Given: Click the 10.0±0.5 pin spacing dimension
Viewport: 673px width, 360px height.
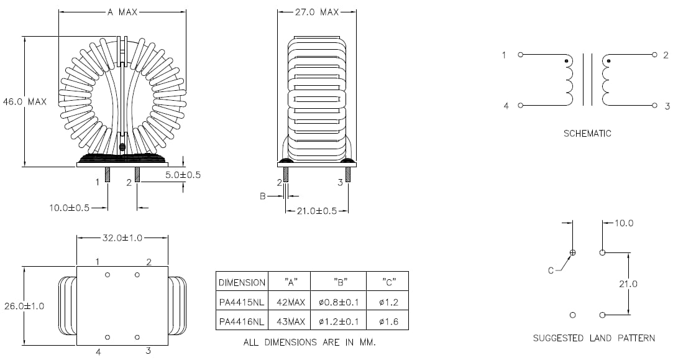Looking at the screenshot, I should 70,208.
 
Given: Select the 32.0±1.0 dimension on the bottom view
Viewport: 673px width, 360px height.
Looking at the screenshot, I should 122,237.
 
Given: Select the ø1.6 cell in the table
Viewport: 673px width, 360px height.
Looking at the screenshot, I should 387,321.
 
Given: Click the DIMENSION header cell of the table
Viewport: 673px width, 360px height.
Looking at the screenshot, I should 241,282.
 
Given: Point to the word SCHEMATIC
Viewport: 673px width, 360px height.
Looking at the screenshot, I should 587,133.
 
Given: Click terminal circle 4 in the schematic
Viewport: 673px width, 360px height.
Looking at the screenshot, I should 520,106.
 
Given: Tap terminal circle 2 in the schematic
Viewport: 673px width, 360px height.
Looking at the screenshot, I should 654,55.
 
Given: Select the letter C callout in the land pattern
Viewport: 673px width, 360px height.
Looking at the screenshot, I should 551,270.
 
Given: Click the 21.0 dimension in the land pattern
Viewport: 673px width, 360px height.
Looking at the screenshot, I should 628,284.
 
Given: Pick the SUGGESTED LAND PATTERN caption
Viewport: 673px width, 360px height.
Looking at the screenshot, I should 593,338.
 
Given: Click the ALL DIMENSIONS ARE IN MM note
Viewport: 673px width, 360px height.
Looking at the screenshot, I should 309,343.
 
